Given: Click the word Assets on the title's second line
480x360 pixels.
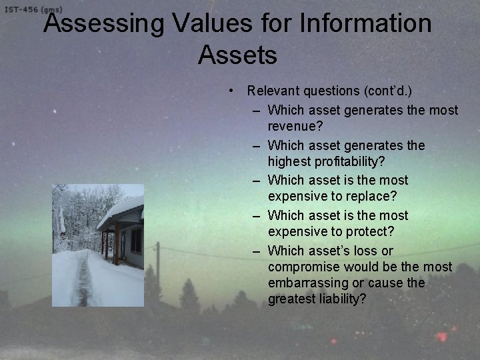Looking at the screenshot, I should (237, 55).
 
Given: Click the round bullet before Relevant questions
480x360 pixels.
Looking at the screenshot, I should (229, 91).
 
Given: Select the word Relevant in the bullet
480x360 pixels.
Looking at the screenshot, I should (272, 91).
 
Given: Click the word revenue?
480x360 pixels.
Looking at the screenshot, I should (295, 126).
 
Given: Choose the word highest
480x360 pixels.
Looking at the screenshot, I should (290, 161).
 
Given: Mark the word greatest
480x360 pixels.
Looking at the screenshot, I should (291, 299).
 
